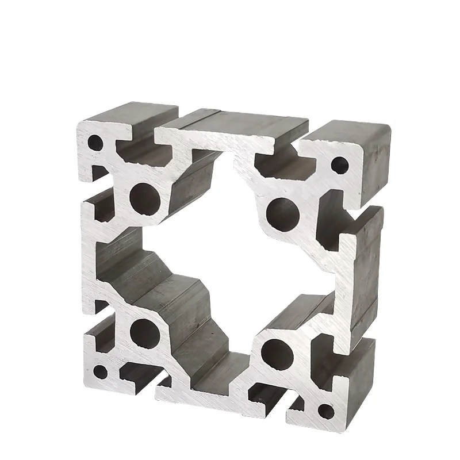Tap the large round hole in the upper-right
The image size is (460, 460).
(282, 212)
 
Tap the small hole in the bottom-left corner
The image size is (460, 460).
(100, 371)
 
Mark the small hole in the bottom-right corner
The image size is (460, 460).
(326, 411)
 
